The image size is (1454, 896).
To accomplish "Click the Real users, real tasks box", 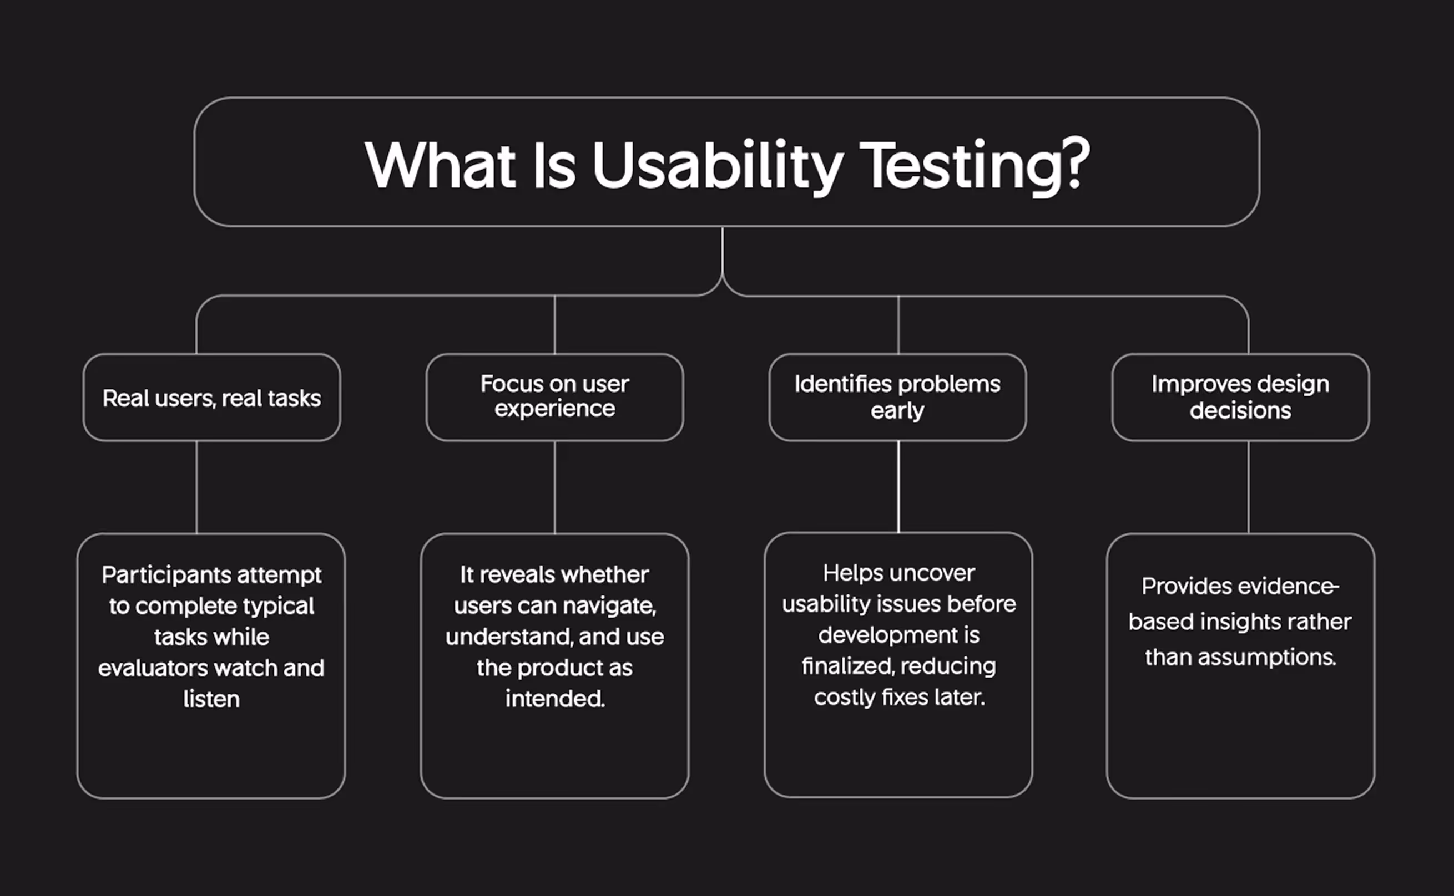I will point(211,398).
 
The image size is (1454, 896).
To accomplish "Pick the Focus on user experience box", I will point(554,396).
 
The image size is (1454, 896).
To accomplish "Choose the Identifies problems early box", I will point(897,397).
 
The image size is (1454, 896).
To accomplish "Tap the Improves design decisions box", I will point(1240,397).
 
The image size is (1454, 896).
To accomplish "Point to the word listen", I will point(211,699).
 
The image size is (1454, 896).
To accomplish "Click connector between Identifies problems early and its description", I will point(898,486).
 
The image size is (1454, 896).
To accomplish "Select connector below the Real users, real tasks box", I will point(197,486).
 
